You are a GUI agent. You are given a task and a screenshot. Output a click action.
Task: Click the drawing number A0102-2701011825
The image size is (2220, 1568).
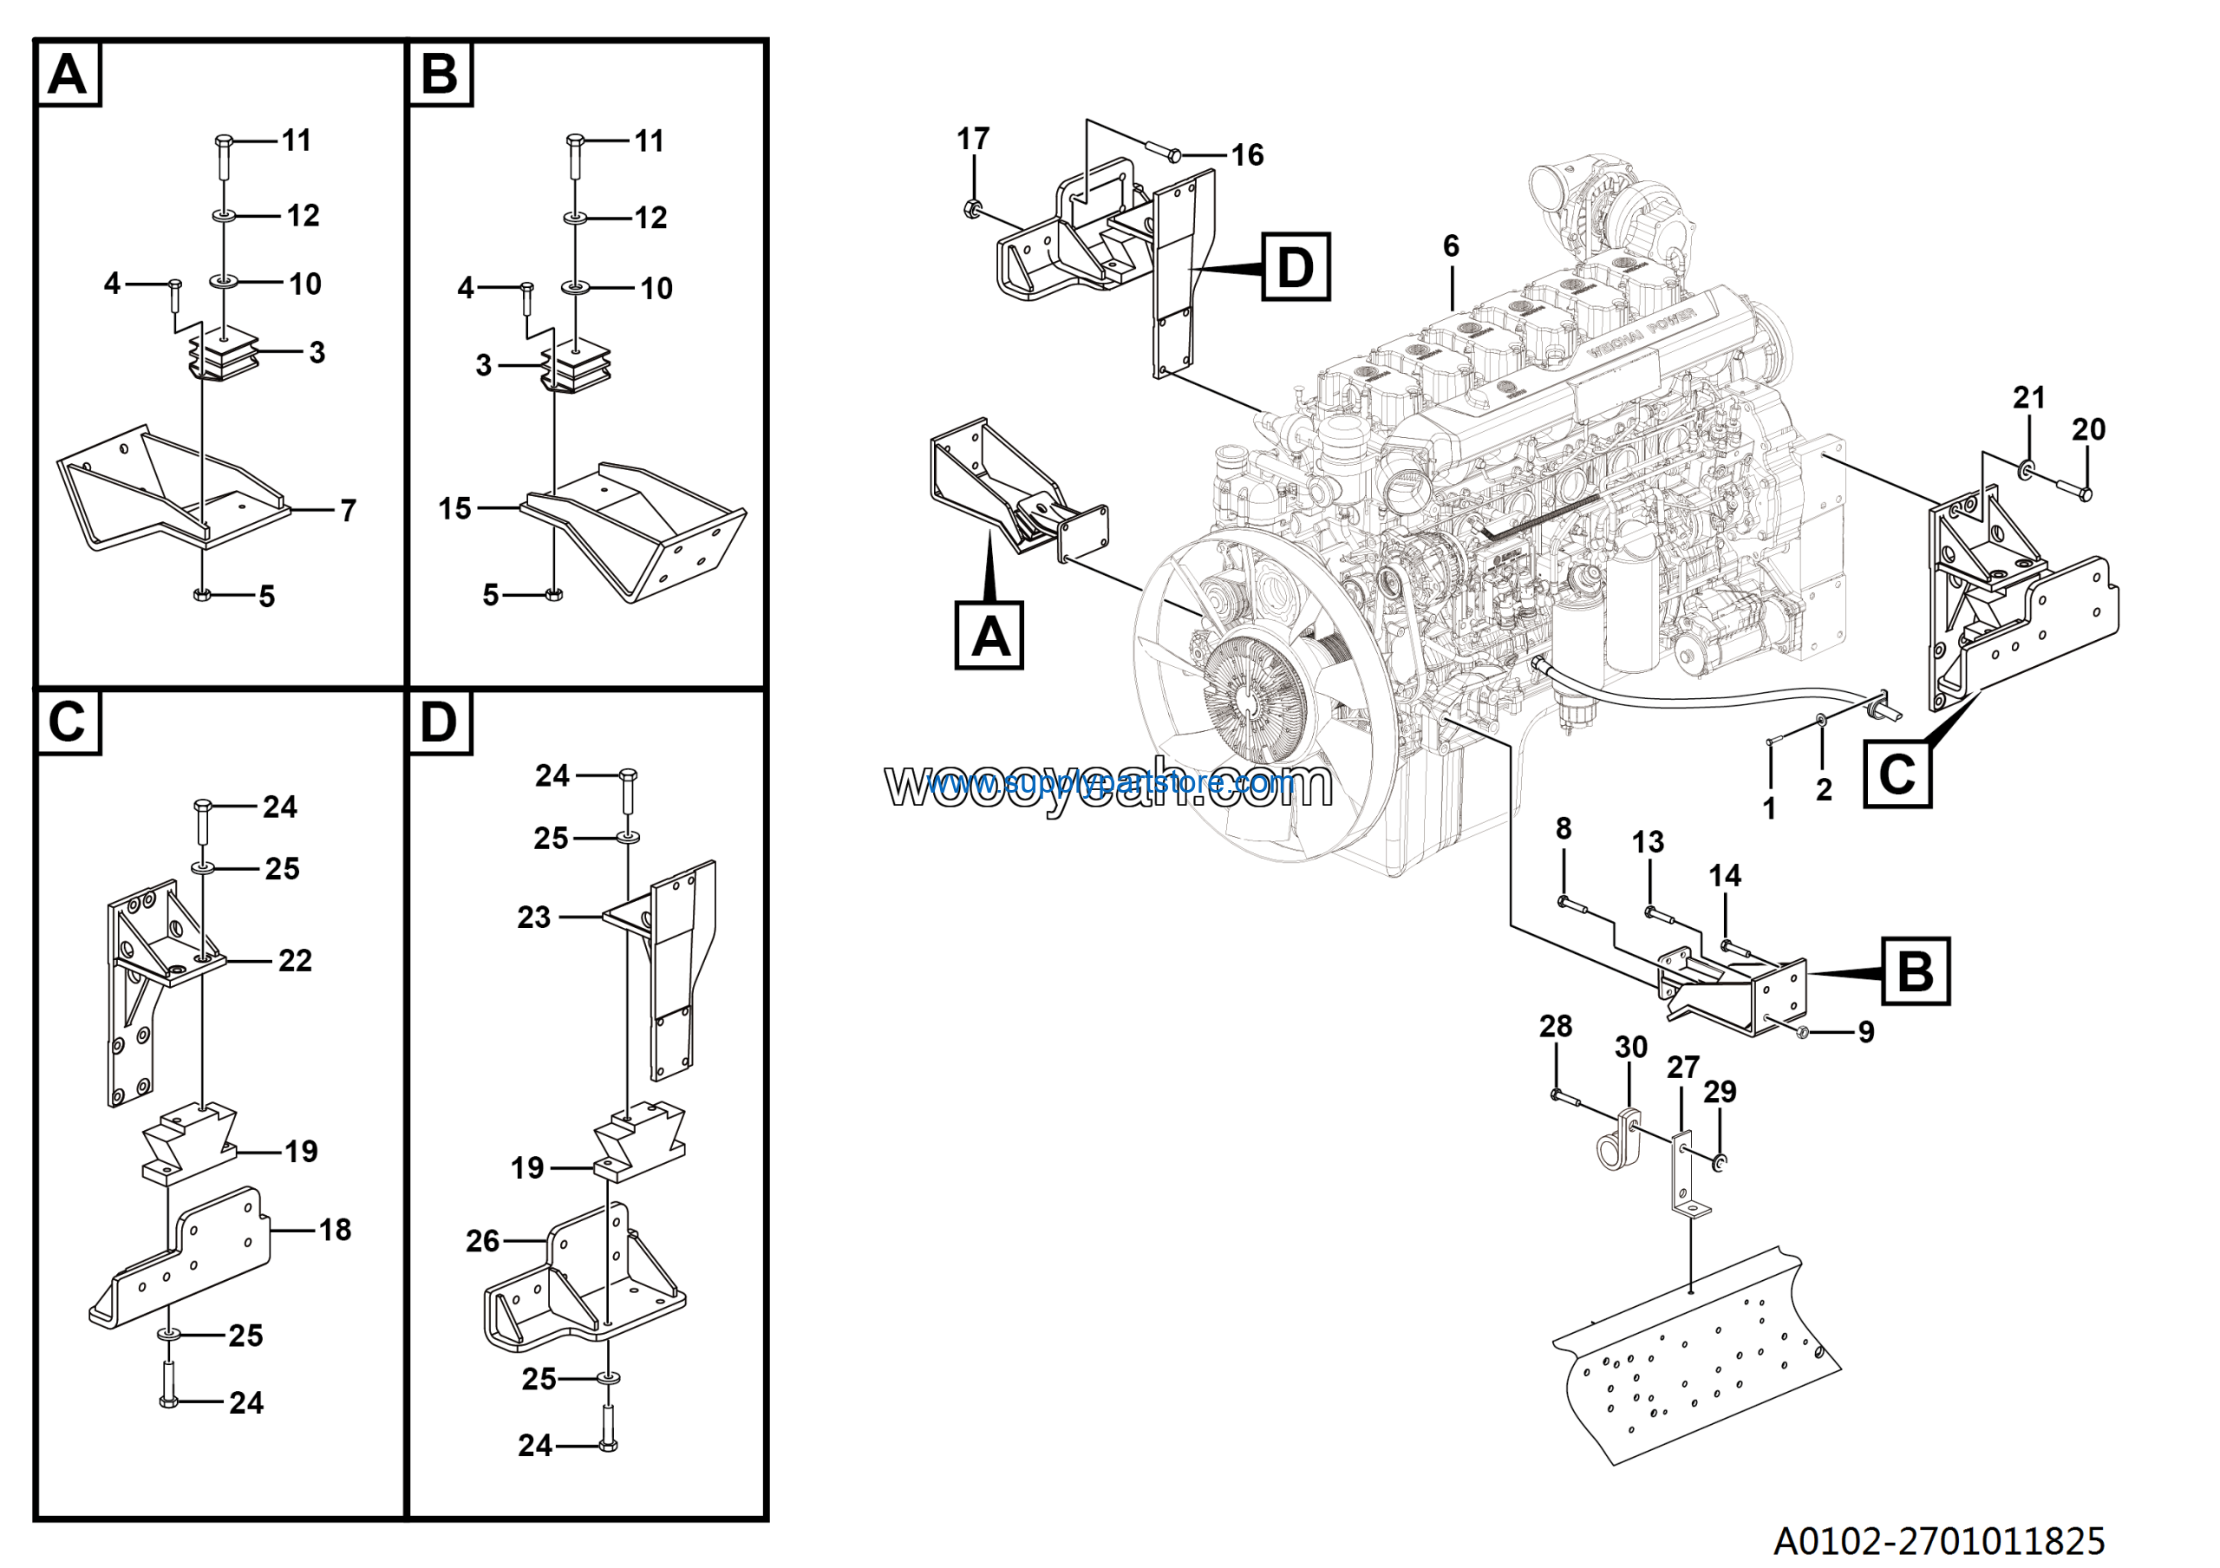click(1939, 1540)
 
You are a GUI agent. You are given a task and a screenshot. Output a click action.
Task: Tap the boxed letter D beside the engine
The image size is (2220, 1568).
click(1295, 267)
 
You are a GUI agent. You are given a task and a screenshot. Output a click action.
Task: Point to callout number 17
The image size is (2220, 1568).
click(973, 140)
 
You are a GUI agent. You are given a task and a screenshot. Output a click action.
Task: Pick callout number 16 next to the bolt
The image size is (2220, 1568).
click(1246, 154)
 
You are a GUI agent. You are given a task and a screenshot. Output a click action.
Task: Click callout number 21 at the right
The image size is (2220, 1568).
click(2028, 397)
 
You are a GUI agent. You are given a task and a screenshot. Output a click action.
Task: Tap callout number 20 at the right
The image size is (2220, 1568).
click(2088, 429)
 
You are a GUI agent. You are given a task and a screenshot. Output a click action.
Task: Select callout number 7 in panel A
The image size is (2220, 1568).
click(348, 511)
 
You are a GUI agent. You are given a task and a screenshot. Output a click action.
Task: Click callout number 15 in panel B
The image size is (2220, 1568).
click(454, 508)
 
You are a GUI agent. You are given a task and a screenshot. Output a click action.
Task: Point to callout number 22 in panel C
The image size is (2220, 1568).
click(295, 961)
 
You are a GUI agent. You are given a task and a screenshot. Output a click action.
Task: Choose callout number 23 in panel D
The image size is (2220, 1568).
click(533, 918)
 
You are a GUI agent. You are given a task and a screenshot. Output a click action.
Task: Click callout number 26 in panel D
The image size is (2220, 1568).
click(482, 1241)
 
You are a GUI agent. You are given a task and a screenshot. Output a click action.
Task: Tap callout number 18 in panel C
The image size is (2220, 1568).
click(335, 1231)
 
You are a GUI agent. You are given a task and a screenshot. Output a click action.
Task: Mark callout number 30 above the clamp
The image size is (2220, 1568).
click(1631, 1047)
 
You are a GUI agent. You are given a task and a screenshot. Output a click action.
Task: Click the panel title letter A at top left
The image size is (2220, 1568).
click(67, 74)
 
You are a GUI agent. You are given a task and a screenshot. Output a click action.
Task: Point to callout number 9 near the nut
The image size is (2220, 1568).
click(1866, 1032)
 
